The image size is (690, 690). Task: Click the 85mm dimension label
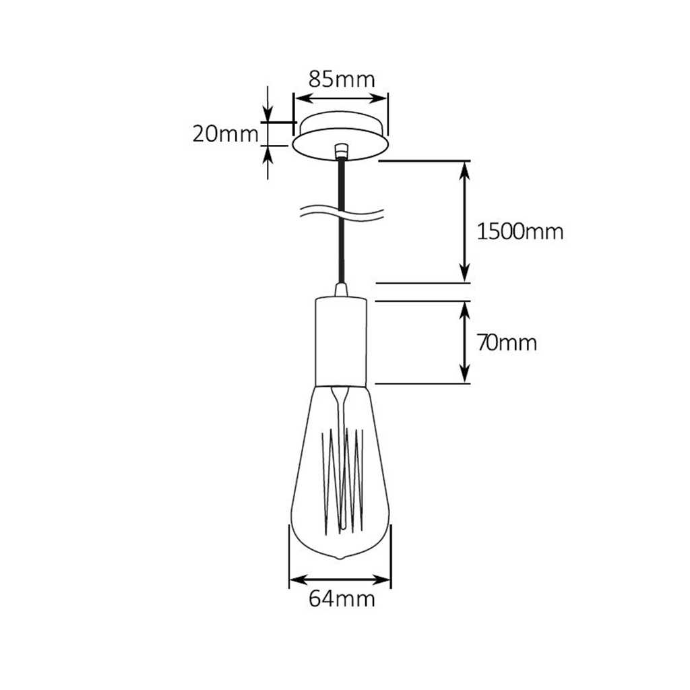pos(341,79)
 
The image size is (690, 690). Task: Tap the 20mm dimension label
pos(225,134)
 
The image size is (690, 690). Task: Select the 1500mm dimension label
pos(519,232)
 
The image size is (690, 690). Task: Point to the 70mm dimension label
pos(506,343)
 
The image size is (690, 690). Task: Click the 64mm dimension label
pos(341,598)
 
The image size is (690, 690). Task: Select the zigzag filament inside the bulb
pos(343,478)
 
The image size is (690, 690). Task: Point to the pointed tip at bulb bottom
pos(341,558)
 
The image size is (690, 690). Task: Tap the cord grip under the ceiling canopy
pos(342,150)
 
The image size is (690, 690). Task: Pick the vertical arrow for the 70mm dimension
pos(464,342)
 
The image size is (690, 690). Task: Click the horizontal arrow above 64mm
pos(340,579)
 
